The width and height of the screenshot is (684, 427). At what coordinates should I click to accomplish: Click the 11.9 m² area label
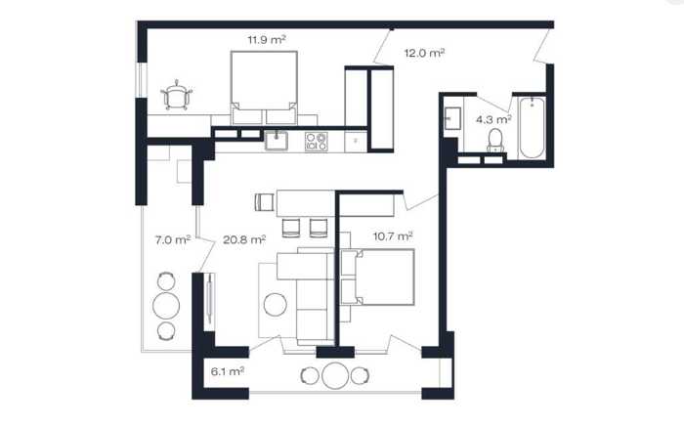click(267, 40)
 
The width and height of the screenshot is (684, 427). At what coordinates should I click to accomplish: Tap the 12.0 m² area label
click(424, 53)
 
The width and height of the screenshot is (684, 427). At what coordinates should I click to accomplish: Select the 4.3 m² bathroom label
click(493, 119)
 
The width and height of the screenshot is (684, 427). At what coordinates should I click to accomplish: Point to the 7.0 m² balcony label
click(173, 239)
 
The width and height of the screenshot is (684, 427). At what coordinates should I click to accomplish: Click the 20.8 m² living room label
click(244, 239)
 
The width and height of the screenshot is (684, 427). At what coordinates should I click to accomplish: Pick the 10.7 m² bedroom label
click(393, 236)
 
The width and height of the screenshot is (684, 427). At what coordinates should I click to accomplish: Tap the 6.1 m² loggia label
click(228, 371)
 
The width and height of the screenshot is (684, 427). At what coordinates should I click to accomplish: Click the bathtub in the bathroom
click(532, 128)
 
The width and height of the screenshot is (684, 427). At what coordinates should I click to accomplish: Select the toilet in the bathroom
click(495, 141)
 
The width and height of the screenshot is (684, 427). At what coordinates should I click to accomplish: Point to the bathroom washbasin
click(452, 118)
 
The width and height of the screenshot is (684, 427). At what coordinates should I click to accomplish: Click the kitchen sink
click(277, 141)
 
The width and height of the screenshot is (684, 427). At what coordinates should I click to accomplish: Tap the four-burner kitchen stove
click(316, 142)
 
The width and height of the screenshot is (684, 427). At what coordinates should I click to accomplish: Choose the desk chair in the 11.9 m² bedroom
click(176, 95)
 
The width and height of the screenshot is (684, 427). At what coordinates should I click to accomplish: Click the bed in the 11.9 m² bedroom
click(264, 88)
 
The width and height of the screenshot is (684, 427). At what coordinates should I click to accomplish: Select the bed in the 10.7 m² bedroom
click(377, 277)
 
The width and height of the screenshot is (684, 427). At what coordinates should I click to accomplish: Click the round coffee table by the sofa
click(276, 304)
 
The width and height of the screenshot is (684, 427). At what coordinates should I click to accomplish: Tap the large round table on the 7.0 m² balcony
click(166, 305)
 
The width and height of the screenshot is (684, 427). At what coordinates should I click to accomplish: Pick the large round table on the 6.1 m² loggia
click(335, 375)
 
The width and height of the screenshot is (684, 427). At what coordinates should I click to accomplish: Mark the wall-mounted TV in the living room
click(210, 298)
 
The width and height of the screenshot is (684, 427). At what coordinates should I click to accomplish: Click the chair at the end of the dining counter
click(265, 202)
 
